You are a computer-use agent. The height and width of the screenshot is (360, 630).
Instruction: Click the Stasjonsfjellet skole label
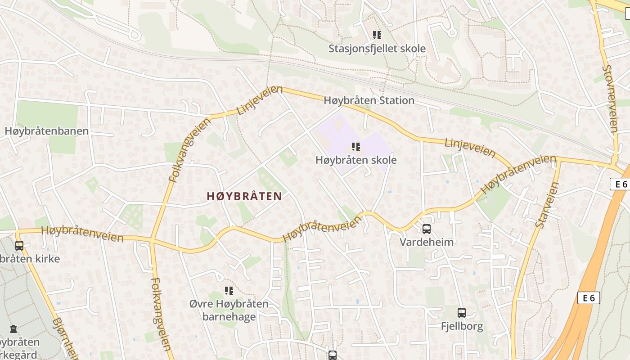pos(377,48)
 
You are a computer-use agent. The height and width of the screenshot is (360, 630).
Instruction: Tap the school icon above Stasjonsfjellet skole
pos(377,35)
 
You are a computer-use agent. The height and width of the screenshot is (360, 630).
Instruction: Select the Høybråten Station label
pos(369,100)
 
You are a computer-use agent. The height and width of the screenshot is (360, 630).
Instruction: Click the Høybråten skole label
pos(356,160)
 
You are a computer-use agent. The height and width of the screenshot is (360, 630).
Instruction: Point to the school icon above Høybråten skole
pos(356,146)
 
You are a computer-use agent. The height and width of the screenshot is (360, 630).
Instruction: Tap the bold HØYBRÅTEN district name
pos(244,196)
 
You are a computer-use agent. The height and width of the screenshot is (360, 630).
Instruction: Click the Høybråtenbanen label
pos(47,131)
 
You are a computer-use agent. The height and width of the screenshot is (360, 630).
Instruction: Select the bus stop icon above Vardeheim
pos(427,229)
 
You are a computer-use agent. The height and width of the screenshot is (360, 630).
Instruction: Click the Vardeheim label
pos(427,242)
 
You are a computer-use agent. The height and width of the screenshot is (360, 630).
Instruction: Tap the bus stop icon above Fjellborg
pos(461,313)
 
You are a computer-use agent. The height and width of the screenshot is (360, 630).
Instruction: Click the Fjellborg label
pos(462,326)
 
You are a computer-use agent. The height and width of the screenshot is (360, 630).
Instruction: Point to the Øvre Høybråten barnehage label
pos(229,310)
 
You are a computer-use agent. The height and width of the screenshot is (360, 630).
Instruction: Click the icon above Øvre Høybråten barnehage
pos(229,291)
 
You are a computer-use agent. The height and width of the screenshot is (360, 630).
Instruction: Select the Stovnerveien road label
pos(611,99)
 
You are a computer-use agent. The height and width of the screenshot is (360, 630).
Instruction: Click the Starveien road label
pos(547,205)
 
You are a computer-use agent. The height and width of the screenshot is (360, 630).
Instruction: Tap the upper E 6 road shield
pos(621,184)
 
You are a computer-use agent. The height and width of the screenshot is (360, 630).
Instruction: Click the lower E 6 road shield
pos(589,297)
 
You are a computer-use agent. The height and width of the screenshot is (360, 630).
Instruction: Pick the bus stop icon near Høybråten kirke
pos(19,246)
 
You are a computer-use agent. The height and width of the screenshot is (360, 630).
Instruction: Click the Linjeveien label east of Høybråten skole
pos(470,148)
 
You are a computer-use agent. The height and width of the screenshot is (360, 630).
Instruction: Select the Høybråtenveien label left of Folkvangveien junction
pos(82,234)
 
